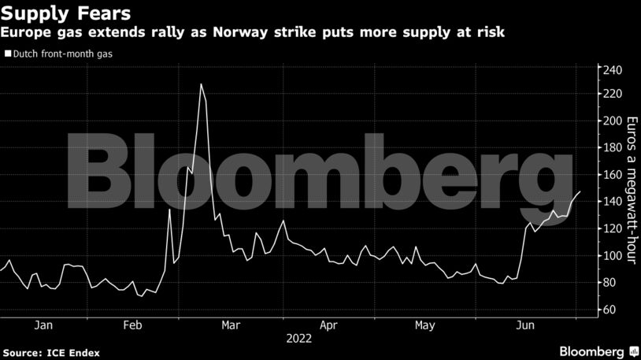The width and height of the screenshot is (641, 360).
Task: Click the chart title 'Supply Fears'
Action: coord(65,13)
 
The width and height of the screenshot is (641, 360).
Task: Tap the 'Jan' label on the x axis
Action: coord(43,325)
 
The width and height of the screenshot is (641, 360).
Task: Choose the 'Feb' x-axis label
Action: coord(132,325)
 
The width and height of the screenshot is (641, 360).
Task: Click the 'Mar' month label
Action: coord(231,325)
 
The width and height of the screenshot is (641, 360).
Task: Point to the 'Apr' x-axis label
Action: coord(328,325)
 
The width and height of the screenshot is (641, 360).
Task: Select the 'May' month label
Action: coord(424,325)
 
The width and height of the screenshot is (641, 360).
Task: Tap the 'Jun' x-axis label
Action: coord(522,325)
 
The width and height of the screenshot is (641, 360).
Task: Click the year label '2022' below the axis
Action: coord(299,339)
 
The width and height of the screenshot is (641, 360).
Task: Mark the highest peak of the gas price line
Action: coord(202,84)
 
